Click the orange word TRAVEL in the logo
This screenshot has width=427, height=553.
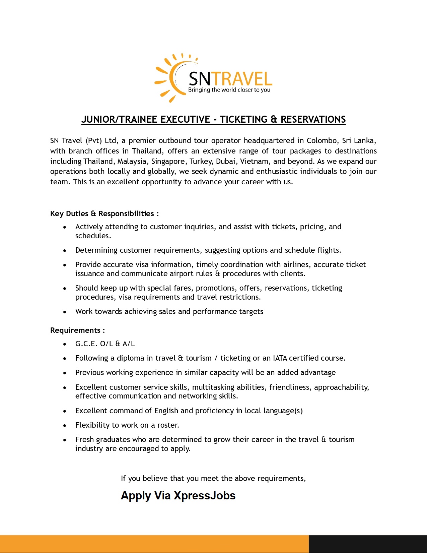[x=241, y=79]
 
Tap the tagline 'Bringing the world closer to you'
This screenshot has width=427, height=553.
[x=229, y=90]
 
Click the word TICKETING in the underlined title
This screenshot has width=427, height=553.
[x=244, y=120]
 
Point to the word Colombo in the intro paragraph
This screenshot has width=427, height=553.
[x=322, y=141]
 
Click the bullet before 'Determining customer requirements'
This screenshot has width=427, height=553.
[x=65, y=251]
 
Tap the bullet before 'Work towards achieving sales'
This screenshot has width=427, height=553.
[x=65, y=312]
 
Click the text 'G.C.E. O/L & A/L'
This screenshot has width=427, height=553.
[x=105, y=344]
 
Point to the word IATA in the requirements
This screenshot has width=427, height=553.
[x=280, y=358]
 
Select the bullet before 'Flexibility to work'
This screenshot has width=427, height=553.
[x=65, y=426]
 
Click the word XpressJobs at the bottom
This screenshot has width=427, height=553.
[x=205, y=496]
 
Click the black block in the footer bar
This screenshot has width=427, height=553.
[x=367, y=544]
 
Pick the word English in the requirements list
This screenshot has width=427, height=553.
[x=166, y=411]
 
